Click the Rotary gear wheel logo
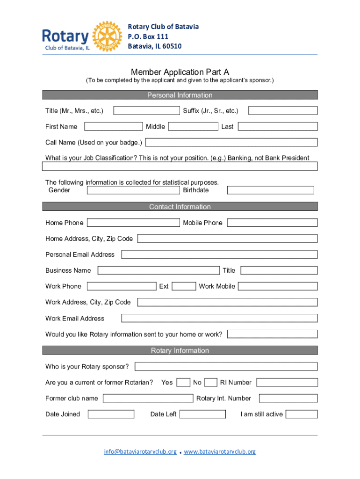(x=107, y=36)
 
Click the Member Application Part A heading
(x=180, y=72)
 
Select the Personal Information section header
(x=180, y=95)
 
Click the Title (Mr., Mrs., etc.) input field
(x=147, y=110)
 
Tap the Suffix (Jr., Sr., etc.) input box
(x=282, y=110)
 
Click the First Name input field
(x=113, y=126)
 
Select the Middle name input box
(x=193, y=126)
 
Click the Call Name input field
(x=231, y=142)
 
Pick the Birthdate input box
(x=270, y=190)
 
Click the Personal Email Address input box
(x=219, y=254)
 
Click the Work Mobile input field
(x=278, y=286)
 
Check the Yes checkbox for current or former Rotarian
(x=183, y=383)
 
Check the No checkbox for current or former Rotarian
(x=211, y=383)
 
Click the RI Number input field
(x=287, y=383)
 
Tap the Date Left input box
(x=202, y=414)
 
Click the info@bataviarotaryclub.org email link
(x=140, y=452)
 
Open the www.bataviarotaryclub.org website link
(x=220, y=452)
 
